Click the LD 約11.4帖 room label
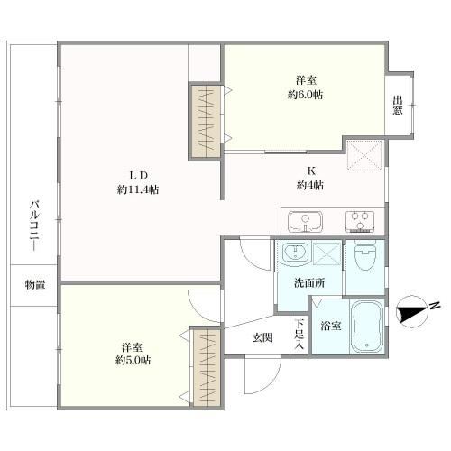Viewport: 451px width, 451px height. [138, 182]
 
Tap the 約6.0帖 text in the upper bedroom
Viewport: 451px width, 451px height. [305, 95]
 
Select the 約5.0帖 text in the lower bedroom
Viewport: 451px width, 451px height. [133, 360]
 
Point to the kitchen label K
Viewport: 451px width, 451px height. [311, 171]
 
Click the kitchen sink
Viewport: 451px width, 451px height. [305, 222]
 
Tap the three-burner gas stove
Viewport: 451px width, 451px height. [360, 222]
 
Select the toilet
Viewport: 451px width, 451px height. [365, 255]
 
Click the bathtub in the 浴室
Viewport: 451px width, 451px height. [367, 326]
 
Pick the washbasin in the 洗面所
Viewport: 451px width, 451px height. [296, 252]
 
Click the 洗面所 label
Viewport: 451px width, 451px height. [309, 283]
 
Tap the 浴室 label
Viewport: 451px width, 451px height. [331, 326]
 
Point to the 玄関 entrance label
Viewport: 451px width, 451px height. [262, 337]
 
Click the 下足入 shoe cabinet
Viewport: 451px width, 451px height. [299, 334]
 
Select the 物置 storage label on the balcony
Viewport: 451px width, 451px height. [34, 284]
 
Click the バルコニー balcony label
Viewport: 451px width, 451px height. [34, 225]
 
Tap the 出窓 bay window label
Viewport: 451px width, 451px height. [398, 106]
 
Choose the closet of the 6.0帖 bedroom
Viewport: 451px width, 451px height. [206, 121]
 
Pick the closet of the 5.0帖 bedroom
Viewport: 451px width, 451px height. [208, 367]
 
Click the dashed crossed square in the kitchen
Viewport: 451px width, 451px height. [364, 155]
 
